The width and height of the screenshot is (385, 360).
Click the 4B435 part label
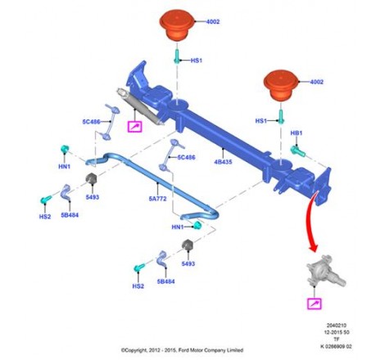[x=223, y=162]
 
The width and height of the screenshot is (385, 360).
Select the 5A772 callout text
[x=157, y=199]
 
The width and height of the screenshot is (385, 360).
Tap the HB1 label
[x=297, y=133]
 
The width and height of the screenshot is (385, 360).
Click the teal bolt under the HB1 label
[x=297, y=151]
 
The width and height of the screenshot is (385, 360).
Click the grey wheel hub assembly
[x=325, y=272]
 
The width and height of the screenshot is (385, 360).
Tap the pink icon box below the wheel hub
[x=315, y=304]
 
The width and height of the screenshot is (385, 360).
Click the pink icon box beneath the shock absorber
[x=135, y=126]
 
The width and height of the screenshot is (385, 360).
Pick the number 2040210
[x=337, y=326]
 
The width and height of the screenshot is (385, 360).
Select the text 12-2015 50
[x=337, y=332]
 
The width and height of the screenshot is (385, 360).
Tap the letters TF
[x=337, y=340]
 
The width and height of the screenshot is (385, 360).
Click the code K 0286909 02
[x=336, y=347]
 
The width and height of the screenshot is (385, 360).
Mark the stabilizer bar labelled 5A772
[x=152, y=186]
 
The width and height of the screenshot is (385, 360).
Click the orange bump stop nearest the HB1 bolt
[x=282, y=86]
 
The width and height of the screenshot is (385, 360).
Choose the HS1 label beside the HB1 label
[x=261, y=121]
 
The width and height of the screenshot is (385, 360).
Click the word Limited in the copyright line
[x=234, y=350]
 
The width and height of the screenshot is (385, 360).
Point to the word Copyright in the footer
[x=135, y=350]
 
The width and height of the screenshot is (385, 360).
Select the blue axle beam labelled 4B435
[x=224, y=137]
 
